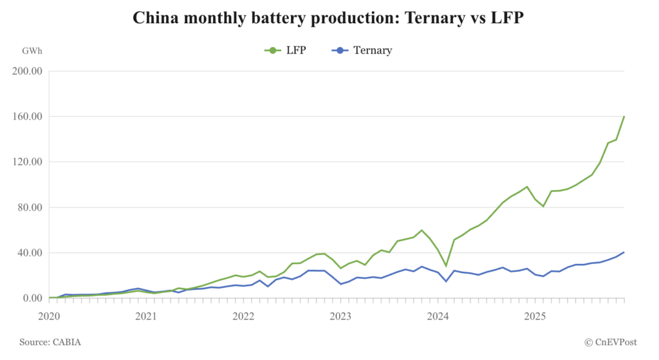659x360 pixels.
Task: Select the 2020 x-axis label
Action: point(49,316)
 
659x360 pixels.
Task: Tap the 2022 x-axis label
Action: point(243,316)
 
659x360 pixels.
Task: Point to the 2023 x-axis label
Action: point(340,316)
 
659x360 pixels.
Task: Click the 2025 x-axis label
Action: point(535,316)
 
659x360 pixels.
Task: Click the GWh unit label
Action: point(32,50)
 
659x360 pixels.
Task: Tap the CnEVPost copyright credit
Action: point(612,343)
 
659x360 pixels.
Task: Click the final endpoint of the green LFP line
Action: point(624,117)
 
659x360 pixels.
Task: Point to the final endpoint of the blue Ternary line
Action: point(624,252)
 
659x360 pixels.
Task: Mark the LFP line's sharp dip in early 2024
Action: point(446,265)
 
